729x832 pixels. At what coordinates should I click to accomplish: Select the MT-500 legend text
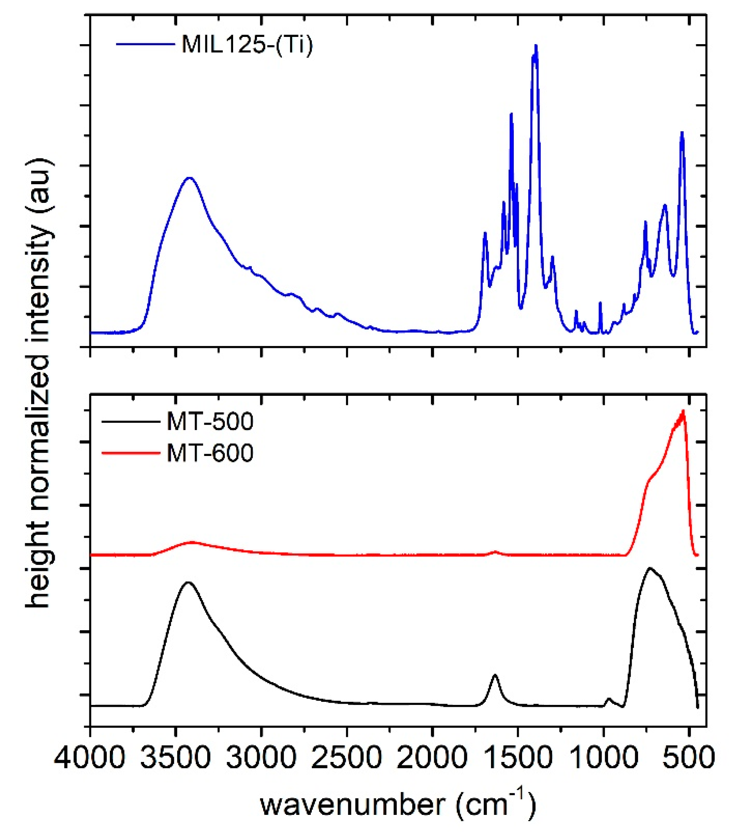pos(210,421)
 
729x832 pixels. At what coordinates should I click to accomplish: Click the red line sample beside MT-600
pos(130,453)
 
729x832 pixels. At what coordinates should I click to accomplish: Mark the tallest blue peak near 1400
pos(536,46)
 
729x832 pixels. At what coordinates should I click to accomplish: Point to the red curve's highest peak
pos(683,411)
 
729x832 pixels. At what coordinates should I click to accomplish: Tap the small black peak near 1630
pos(495,675)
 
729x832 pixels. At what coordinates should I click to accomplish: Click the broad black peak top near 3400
pos(188,582)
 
